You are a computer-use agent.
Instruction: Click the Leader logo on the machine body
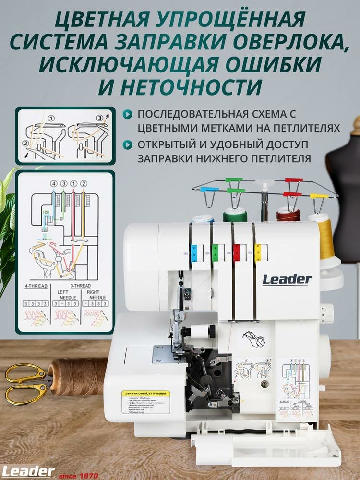click(x=287, y=279)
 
